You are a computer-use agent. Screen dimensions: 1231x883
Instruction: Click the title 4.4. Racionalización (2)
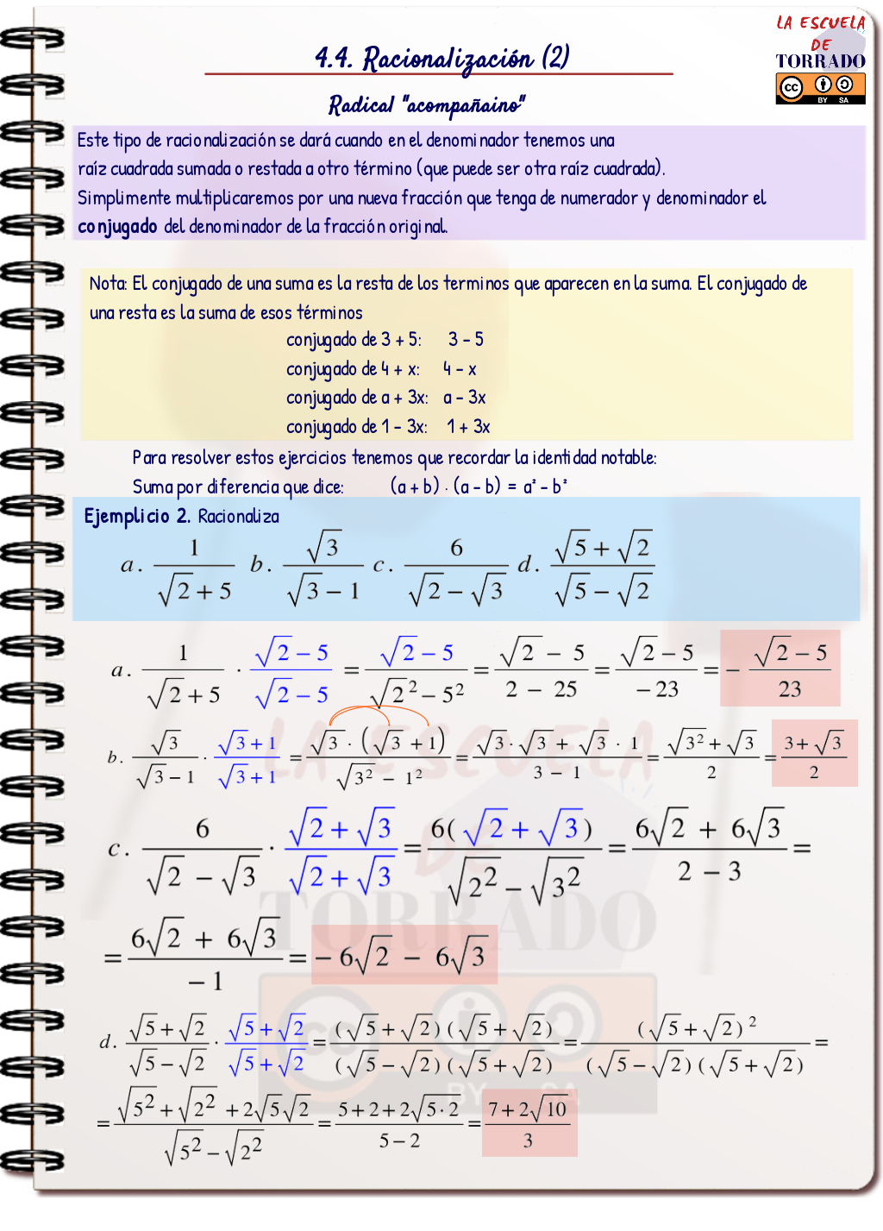(x=441, y=59)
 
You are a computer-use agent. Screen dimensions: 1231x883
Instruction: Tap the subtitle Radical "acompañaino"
(x=426, y=105)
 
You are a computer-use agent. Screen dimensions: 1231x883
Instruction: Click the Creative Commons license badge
(x=820, y=87)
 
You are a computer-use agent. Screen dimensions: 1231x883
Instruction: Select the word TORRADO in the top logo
(x=820, y=61)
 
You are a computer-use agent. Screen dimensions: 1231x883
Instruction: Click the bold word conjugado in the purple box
(x=117, y=227)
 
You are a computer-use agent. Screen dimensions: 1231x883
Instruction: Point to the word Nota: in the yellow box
(x=108, y=284)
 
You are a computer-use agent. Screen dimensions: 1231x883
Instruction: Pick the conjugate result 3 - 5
(x=466, y=340)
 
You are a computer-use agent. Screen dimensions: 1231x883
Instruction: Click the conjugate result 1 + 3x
(x=468, y=427)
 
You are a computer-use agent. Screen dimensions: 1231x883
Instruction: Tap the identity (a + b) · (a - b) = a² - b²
(x=479, y=487)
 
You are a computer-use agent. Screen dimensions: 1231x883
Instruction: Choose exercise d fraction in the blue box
(x=602, y=568)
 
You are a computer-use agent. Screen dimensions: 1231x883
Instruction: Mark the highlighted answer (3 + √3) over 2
(x=813, y=755)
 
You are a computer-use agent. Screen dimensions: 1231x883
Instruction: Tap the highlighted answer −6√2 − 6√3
(x=404, y=956)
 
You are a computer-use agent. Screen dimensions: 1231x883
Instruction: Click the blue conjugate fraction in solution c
(x=341, y=851)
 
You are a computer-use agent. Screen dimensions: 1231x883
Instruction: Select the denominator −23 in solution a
(x=657, y=689)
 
